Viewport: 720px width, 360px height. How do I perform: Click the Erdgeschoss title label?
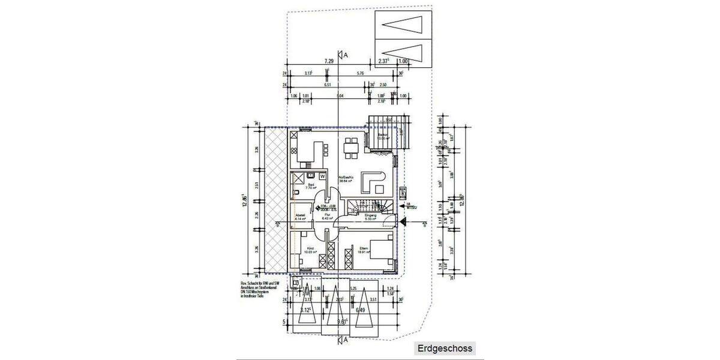(445, 348)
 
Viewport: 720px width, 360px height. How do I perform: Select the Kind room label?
(310, 249)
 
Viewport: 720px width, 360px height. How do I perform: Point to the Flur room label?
(328, 214)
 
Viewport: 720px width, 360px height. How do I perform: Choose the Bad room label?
(310, 185)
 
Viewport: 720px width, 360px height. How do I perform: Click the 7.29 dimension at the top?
(329, 61)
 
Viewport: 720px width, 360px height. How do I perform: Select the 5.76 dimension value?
(360, 73)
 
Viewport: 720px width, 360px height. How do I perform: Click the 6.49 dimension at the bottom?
(360, 310)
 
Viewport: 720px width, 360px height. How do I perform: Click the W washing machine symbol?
(322, 176)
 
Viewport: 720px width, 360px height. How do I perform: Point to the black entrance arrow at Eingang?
(403, 222)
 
